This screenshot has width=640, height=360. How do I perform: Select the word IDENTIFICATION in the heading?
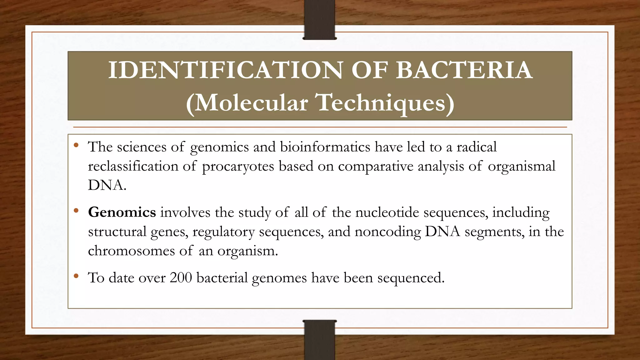pyautogui.click(x=225, y=70)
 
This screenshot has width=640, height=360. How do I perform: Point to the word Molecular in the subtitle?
pyautogui.click(x=251, y=102)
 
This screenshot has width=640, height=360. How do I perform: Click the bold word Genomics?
pyautogui.click(x=122, y=212)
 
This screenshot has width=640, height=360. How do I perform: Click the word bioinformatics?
pyautogui.click(x=325, y=147)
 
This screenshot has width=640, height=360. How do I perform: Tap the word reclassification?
pyautogui.click(x=133, y=166)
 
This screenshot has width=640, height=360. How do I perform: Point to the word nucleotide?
pyautogui.click(x=387, y=212)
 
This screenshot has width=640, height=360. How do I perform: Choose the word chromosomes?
pyautogui.click(x=131, y=251)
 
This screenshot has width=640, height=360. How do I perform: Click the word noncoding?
pyautogui.click(x=387, y=232)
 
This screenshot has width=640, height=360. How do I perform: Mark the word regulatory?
pyautogui.click(x=223, y=232)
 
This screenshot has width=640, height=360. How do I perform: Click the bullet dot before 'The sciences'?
pyautogui.click(x=76, y=145)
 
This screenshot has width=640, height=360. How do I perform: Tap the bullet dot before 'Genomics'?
pyautogui.click(x=76, y=211)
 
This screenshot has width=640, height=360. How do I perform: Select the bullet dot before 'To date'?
pyautogui.click(x=76, y=276)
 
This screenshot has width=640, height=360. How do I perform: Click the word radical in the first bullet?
pyautogui.click(x=477, y=147)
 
